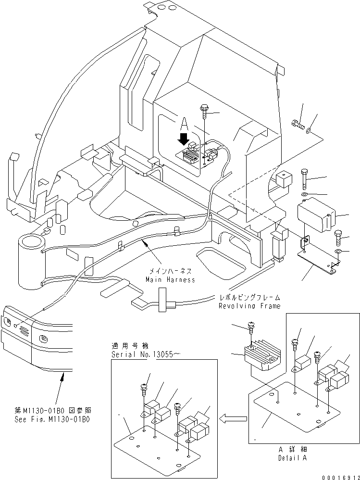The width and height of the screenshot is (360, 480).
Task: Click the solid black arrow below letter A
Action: (183, 139)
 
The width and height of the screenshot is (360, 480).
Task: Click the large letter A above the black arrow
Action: (183, 125)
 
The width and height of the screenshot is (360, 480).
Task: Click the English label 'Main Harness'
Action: (171, 279)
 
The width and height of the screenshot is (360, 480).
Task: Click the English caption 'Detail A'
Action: (292, 457)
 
